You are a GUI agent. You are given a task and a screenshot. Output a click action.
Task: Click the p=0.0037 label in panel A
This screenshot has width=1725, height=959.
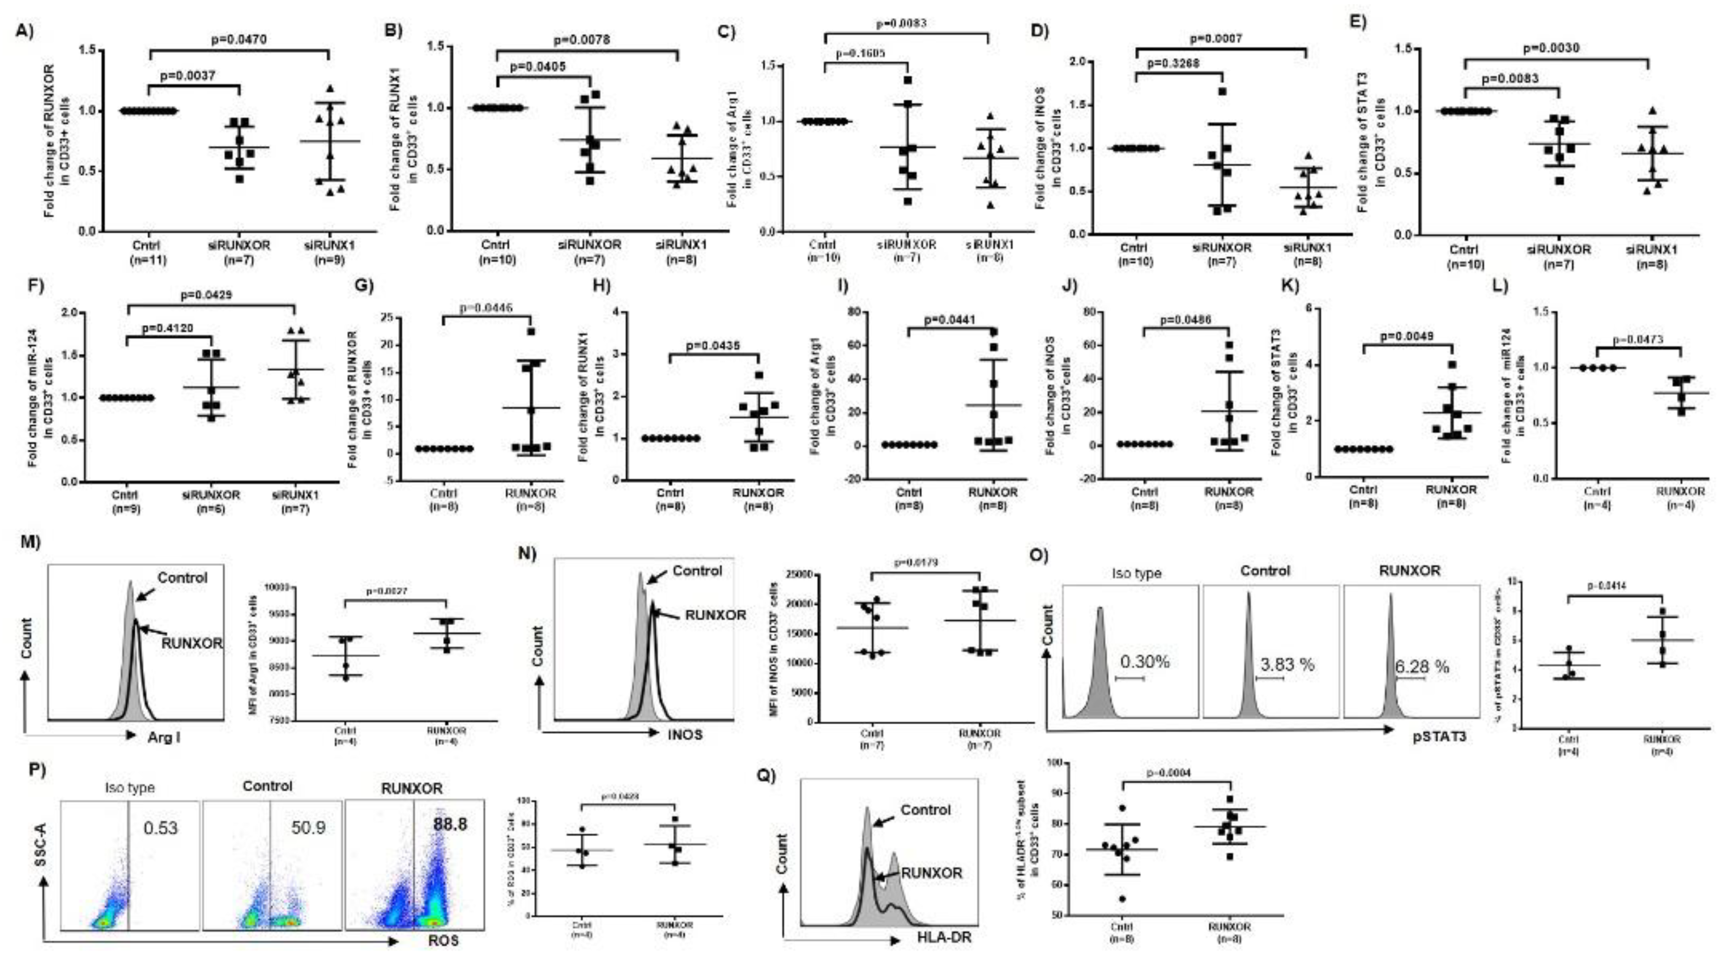tap(187, 75)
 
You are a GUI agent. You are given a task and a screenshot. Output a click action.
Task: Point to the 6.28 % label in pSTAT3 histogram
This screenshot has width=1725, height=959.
tap(1422, 667)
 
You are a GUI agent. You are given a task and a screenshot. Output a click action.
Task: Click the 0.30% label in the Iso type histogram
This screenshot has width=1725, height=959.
tap(1144, 662)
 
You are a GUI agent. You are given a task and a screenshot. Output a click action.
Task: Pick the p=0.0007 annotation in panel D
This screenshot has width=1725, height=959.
tap(1215, 38)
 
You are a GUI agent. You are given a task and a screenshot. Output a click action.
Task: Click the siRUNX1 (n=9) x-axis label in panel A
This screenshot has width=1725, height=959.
tap(330, 252)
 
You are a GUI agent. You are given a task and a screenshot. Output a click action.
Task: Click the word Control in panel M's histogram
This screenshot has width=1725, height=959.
tap(182, 577)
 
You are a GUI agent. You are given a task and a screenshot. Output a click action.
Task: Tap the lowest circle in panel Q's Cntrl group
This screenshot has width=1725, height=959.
tap(1122, 899)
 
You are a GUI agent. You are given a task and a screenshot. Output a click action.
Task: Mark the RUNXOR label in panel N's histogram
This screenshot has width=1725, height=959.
tap(715, 615)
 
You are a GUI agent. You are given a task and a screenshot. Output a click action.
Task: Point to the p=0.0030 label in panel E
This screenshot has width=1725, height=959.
tap(1551, 48)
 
